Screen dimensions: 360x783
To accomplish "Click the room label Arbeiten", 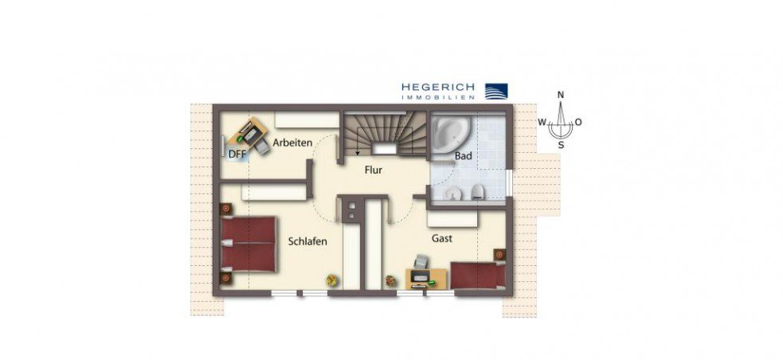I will (x=292, y=143).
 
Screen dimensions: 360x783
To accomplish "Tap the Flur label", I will (x=374, y=170).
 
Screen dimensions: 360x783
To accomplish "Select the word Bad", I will (x=464, y=156).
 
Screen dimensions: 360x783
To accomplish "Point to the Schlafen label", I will (x=307, y=241).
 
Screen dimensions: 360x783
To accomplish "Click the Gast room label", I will (x=442, y=237).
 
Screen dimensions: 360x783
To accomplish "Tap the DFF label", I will (x=237, y=155).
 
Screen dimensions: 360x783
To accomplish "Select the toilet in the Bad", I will (x=476, y=191).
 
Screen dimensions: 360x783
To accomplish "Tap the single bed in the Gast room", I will (x=477, y=274).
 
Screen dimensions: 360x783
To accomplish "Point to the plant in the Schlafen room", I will (x=331, y=280).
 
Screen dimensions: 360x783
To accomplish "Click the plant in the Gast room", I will (x=390, y=280).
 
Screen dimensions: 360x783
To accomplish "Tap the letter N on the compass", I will (x=561, y=96).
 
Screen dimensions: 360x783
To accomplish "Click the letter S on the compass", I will (x=561, y=145).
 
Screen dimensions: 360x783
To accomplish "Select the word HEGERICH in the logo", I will (x=438, y=87).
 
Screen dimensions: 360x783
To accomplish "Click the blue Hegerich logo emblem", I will (x=496, y=91).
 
